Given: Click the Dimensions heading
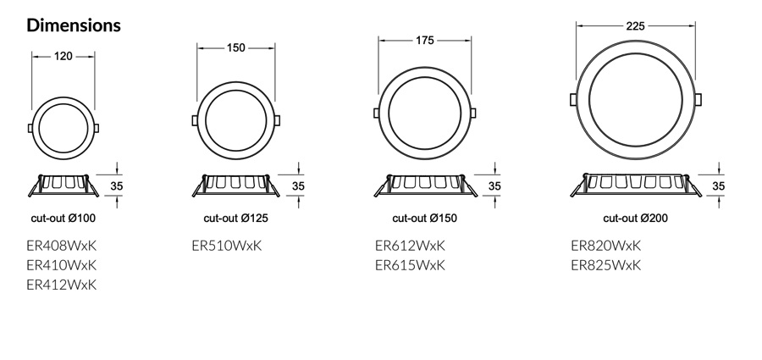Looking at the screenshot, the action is click(x=74, y=25).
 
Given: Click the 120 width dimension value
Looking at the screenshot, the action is click(x=63, y=57).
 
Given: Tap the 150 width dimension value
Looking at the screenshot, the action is click(x=235, y=47).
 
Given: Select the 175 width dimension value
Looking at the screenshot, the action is click(x=425, y=41).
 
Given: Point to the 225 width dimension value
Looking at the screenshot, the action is click(x=635, y=25).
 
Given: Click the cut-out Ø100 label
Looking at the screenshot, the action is click(x=63, y=218).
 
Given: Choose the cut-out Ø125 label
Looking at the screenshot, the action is click(x=235, y=218).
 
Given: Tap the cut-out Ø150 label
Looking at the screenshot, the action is click(x=425, y=218).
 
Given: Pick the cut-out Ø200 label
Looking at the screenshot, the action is click(x=636, y=218).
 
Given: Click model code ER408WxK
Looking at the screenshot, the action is click(x=62, y=246).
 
